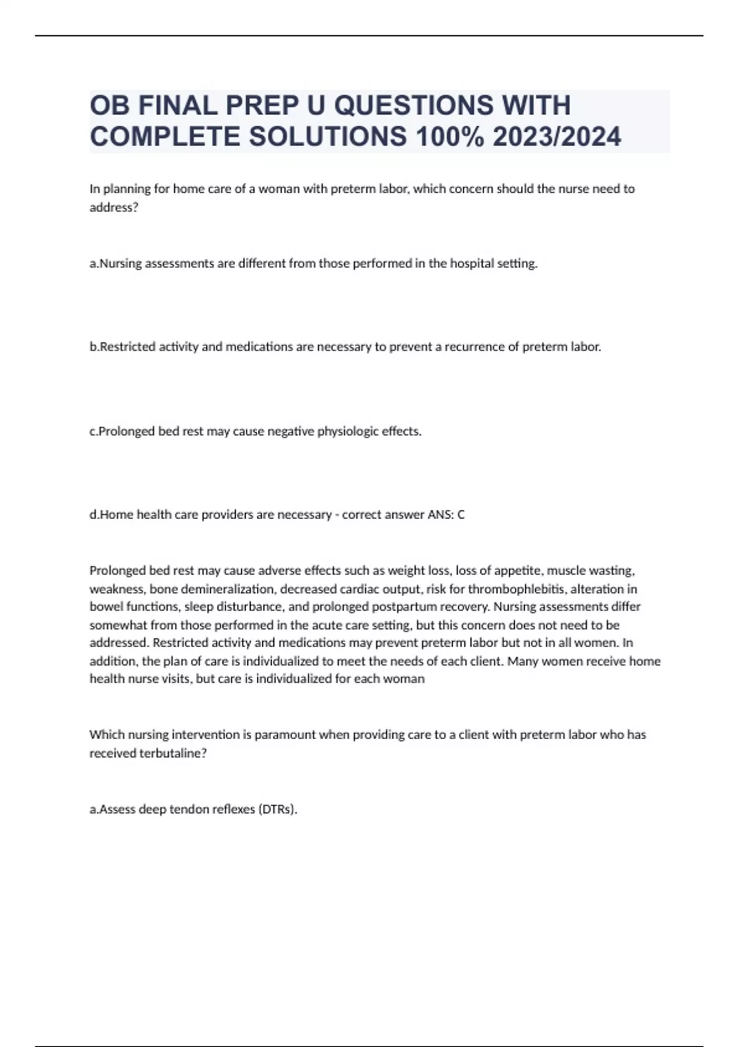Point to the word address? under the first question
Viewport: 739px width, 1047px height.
(114, 208)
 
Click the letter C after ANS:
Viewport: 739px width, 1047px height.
(461, 515)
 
